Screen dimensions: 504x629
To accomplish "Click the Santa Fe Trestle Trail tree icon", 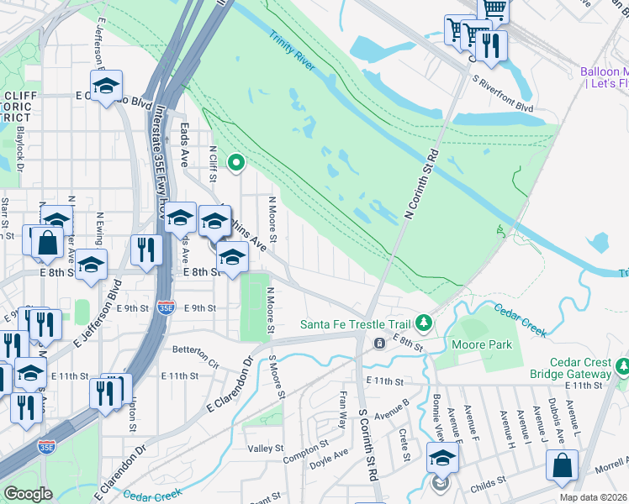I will [x=425, y=323].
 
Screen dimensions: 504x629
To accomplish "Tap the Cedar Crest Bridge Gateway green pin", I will [x=622, y=366].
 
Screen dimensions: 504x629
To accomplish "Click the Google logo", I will [x=27, y=494].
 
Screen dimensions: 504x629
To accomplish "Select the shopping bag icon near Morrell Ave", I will [x=562, y=466].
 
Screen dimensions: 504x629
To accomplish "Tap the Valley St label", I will [x=266, y=449].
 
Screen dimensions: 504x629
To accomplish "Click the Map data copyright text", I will [x=593, y=497].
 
